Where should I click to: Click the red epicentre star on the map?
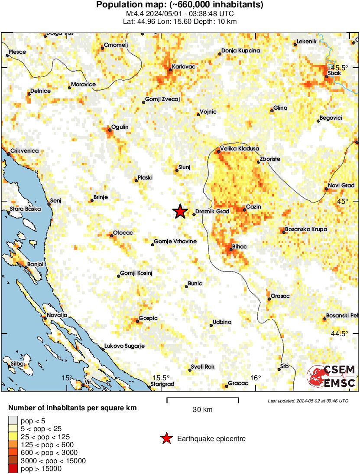click(180, 211)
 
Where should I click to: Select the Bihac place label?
click(240, 246)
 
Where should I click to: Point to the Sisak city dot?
click(327, 77)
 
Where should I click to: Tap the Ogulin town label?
click(120, 127)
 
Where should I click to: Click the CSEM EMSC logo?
click(331, 376)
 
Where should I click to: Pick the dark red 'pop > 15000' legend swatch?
click(13, 468)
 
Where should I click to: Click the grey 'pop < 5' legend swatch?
click(13, 420)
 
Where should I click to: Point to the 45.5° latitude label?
click(339, 68)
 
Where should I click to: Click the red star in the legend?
click(166, 439)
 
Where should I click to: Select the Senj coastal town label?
click(56, 200)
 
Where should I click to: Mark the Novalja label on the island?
click(57, 315)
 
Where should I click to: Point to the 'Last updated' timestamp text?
click(308, 401)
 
